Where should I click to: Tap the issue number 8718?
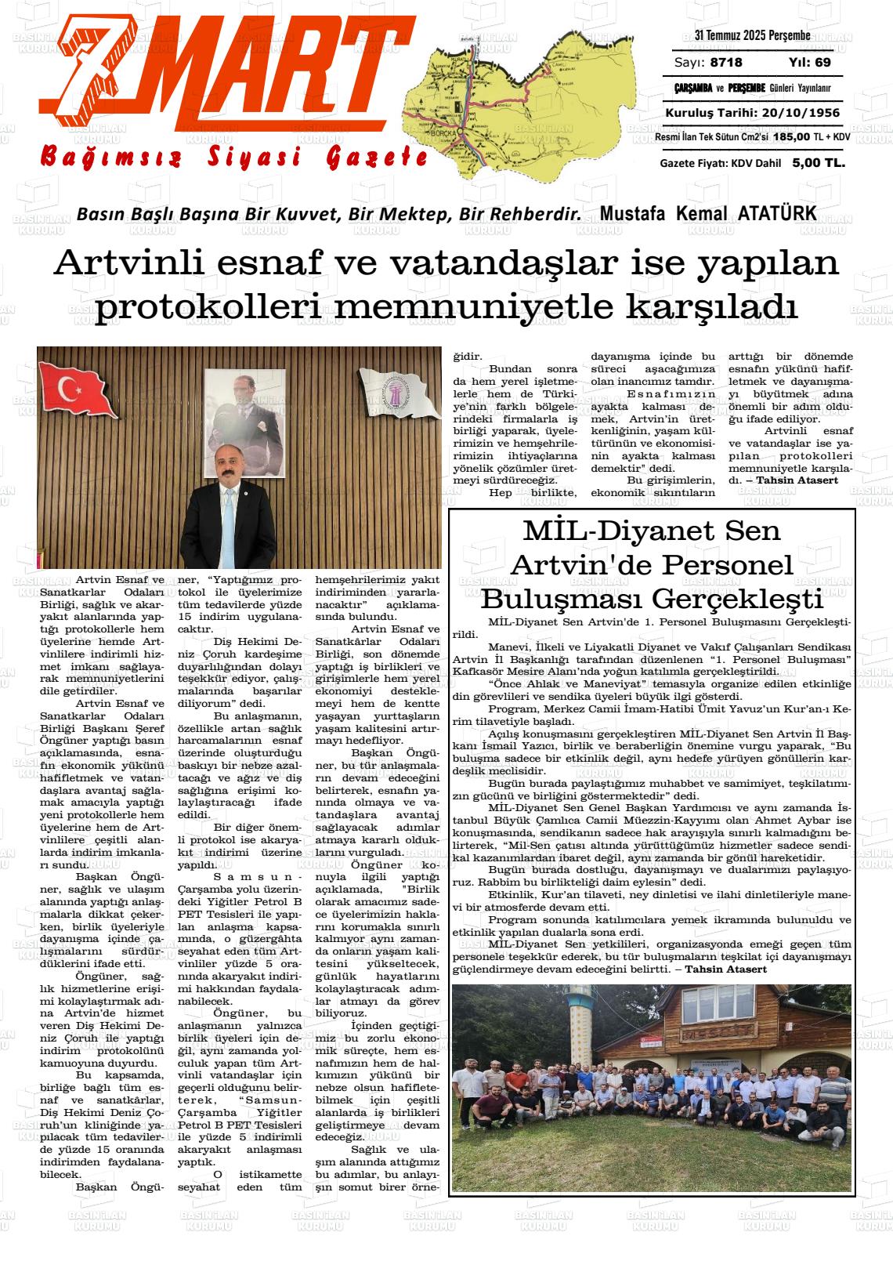click(726, 63)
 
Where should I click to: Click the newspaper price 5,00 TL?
click(818, 163)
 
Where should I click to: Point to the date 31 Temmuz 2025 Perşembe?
click(752, 35)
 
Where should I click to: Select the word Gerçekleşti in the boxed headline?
click(737, 600)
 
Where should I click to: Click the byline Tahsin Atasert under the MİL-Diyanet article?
click(725, 969)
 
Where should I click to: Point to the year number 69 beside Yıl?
click(822, 63)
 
